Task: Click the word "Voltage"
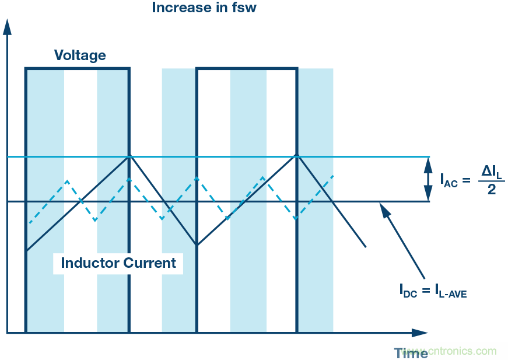[80, 55]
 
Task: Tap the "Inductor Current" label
[118, 263]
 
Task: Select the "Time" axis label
[411, 352]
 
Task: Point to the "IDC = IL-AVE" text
[433, 289]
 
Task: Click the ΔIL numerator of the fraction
[491, 170]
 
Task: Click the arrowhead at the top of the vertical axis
[7, 26]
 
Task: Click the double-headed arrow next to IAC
[429, 179]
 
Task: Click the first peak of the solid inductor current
[129, 156]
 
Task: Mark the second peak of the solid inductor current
[297, 156]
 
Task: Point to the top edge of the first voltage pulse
[77, 69]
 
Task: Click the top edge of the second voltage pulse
[247, 69]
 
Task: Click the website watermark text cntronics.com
[462, 351]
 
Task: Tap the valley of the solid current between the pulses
[197, 245]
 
